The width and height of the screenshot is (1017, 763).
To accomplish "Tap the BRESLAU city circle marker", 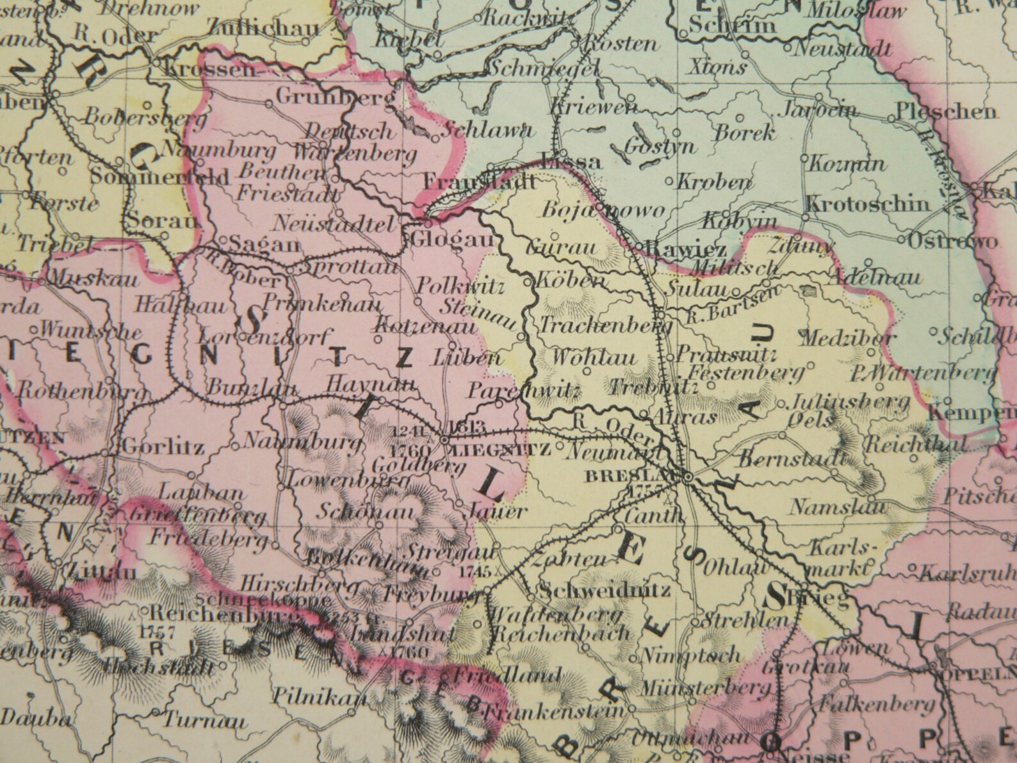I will point(687,477).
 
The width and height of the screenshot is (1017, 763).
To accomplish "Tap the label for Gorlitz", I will point(163,447).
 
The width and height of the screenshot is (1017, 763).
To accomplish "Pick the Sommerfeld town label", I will point(160,177).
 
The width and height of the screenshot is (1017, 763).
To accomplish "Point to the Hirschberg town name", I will point(291,585).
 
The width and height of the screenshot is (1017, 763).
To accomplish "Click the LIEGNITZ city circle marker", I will point(444,440).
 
